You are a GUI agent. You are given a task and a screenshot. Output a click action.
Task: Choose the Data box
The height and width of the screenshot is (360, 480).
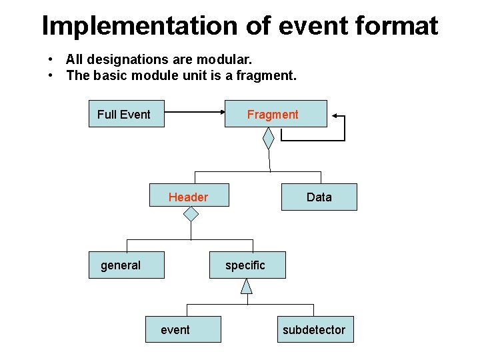tap(319, 197)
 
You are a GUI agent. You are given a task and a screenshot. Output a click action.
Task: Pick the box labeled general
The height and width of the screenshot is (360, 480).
tap(127, 265)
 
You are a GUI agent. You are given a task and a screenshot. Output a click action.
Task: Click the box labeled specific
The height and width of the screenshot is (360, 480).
tap(247, 265)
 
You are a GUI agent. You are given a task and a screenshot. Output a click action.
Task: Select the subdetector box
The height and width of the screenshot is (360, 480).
tap(315, 329)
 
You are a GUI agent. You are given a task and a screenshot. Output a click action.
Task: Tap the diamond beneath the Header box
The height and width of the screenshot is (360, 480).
tap(191, 214)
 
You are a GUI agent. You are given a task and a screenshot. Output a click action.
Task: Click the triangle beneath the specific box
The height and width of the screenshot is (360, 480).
tap(247, 286)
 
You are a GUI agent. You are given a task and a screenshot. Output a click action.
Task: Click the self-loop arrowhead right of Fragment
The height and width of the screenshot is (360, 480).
tap(333, 116)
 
